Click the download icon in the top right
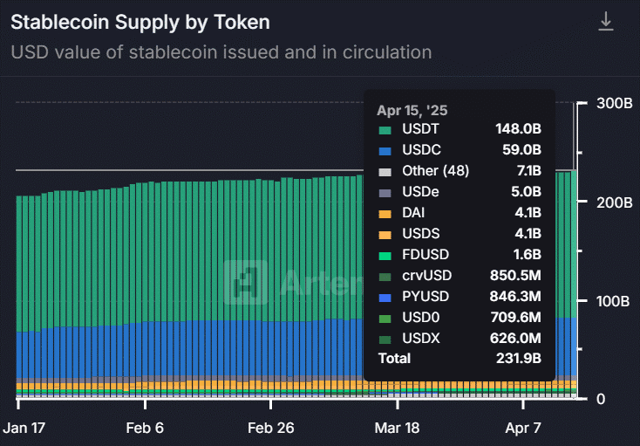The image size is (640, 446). tap(606, 23)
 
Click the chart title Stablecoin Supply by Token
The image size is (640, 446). tap(140, 22)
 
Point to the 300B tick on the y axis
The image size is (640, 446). tap(614, 103)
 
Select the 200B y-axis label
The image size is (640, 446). tap(614, 202)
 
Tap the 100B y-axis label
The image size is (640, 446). tap(614, 301)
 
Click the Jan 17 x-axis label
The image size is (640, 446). tap(27, 429)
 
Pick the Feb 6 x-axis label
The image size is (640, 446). tap(145, 429)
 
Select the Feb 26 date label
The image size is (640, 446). tap(272, 429)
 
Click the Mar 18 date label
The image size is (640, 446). tap(398, 429)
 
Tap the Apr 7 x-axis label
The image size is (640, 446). tap(524, 429)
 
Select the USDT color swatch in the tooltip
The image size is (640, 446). tap(384, 129)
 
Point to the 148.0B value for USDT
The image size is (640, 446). tap(518, 129)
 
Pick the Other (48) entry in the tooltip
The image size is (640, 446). tap(435, 171)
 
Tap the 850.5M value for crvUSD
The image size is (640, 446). tap(515, 275)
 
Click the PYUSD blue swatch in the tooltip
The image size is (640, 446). tap(384, 296)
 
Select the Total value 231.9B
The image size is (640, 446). tap(518, 359)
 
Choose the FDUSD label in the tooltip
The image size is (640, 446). tap(425, 254)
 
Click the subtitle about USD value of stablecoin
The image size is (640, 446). tap(221, 52)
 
